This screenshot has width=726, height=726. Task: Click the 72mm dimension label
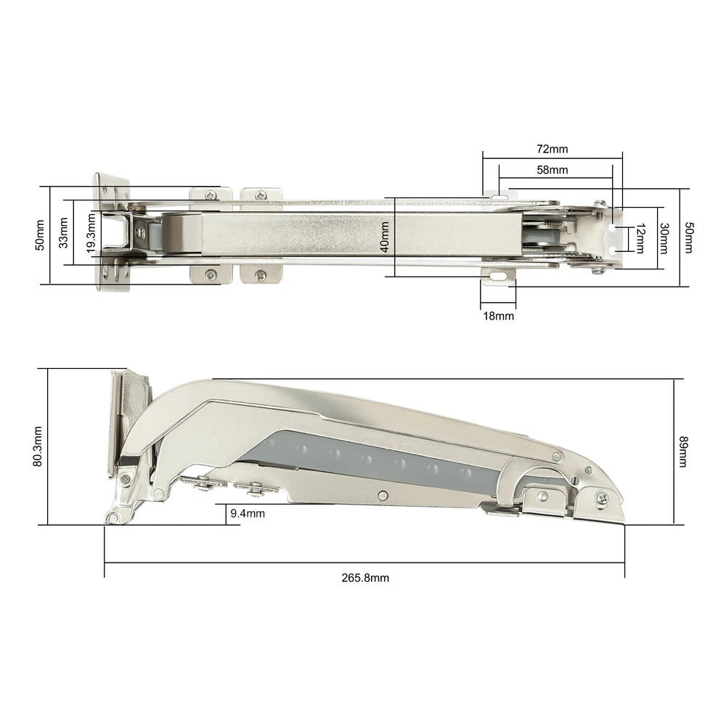click(552, 149)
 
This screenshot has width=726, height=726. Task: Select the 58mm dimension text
click(552, 170)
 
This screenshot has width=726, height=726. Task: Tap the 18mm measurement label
click(498, 317)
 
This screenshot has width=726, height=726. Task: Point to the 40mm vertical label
click(384, 237)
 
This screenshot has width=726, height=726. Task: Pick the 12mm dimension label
click(640, 238)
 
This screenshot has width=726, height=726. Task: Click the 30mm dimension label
click(664, 238)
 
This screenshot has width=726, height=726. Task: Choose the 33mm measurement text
click(63, 232)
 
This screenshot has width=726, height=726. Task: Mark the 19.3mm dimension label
click(91, 233)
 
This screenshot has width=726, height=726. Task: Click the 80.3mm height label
click(38, 446)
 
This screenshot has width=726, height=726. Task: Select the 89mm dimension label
click(683, 452)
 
